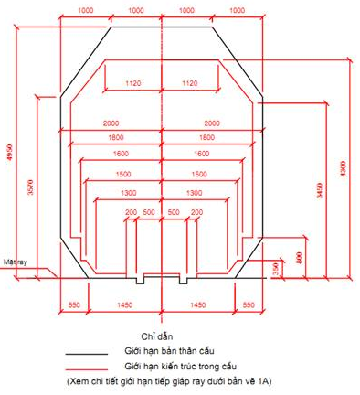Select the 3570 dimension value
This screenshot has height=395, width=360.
[31, 187]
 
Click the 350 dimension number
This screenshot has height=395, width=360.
[276, 267]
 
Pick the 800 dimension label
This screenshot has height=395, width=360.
[298, 258]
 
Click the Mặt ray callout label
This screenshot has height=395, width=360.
[13, 262]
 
